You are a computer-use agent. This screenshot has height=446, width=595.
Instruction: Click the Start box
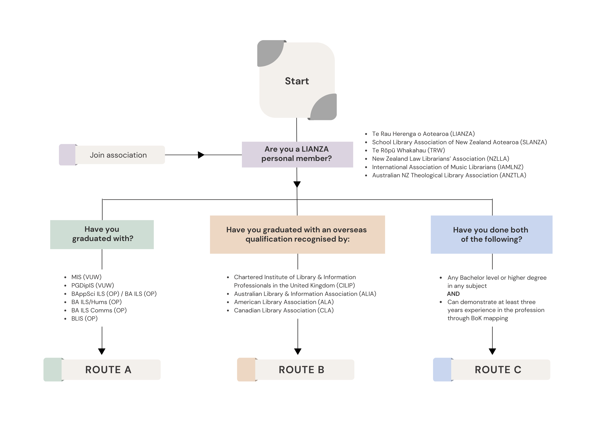click(297, 81)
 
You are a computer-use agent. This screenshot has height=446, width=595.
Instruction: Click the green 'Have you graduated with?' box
click(102, 234)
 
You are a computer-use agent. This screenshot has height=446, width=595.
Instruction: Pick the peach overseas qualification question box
click(297, 234)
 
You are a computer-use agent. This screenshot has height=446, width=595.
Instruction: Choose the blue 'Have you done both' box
click(491, 234)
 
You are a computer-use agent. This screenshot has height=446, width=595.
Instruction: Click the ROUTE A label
click(108, 370)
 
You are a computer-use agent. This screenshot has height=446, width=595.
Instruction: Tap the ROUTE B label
click(302, 370)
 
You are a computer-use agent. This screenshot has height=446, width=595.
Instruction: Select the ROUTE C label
click(498, 370)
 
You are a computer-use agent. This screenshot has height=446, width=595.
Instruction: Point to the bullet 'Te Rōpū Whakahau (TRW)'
click(408, 150)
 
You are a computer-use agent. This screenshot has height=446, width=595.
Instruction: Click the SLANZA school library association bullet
click(459, 142)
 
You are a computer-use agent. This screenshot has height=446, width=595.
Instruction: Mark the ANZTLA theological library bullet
click(449, 175)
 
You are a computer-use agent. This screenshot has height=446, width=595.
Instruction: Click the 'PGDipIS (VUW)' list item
click(93, 285)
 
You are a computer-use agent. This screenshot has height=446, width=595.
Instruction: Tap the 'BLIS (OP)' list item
click(84, 319)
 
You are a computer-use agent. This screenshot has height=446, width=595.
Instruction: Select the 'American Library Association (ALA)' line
click(284, 302)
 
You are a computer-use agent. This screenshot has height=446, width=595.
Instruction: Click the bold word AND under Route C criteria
click(453, 294)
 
